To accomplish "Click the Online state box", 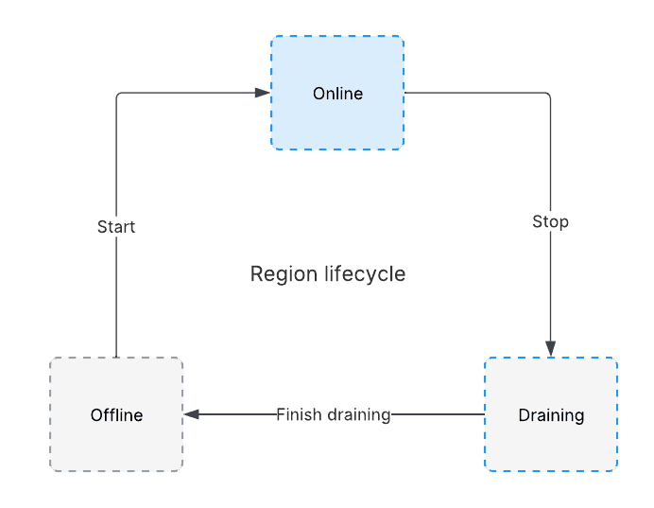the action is pyautogui.click(x=337, y=93).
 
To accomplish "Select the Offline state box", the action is pyautogui.click(x=116, y=414).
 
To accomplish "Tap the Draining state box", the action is pyautogui.click(x=551, y=414).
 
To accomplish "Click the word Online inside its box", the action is pyautogui.click(x=337, y=94).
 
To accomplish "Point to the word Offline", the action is pyautogui.click(x=117, y=415).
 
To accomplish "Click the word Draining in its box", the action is pyautogui.click(x=551, y=415).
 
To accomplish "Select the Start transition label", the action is pyautogui.click(x=116, y=227).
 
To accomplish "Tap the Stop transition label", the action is pyautogui.click(x=551, y=221).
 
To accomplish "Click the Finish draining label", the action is pyautogui.click(x=334, y=415).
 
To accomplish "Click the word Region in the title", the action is pyautogui.click(x=284, y=274).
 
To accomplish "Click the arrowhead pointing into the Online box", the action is pyautogui.click(x=263, y=93).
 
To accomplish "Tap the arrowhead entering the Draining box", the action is pyautogui.click(x=551, y=349).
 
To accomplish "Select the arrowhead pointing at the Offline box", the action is pyautogui.click(x=192, y=414).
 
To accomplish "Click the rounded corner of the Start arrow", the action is pyautogui.click(x=117, y=95).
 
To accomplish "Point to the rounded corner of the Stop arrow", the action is pyautogui.click(x=549, y=95).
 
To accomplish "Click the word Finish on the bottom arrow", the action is pyautogui.click(x=299, y=414).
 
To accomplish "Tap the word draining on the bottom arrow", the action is pyautogui.click(x=359, y=415).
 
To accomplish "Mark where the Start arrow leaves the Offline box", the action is pyautogui.click(x=116, y=357).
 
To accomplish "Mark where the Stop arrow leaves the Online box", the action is pyautogui.click(x=404, y=93).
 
